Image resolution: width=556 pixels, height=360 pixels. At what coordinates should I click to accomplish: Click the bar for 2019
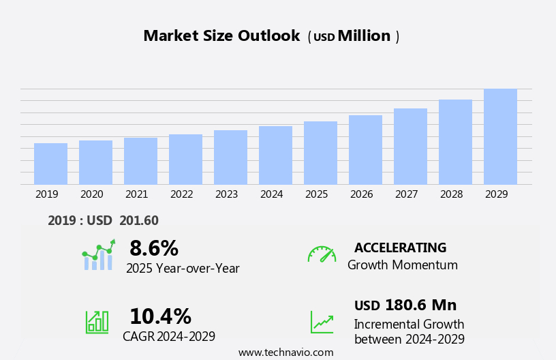tap(50, 164)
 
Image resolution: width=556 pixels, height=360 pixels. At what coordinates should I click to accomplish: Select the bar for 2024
tap(275, 155)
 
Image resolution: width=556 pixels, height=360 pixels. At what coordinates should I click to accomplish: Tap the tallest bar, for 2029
tap(500, 136)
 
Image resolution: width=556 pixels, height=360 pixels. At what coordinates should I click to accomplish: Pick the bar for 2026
tap(365, 150)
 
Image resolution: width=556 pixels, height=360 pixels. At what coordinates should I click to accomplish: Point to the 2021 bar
tap(140, 161)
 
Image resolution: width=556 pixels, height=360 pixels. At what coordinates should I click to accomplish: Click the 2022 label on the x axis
tap(181, 194)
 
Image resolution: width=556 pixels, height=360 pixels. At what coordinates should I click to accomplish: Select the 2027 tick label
tap(406, 194)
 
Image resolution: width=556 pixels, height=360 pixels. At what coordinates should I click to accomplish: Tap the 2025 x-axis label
tap(316, 194)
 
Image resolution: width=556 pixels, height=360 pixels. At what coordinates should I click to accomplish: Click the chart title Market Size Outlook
tap(221, 36)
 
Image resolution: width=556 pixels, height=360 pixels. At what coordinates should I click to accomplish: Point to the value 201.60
tap(139, 221)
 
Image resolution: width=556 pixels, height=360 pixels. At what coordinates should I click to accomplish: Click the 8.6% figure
tap(154, 248)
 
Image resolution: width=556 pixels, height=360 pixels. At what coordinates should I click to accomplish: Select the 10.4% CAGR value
tap(160, 316)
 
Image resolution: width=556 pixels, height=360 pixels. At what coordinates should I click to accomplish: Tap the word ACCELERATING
tap(400, 247)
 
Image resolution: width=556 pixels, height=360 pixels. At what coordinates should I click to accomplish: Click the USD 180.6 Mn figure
tap(405, 305)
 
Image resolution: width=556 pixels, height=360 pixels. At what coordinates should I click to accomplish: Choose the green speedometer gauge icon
tap(322, 254)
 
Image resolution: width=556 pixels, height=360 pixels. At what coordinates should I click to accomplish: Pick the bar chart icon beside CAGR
tap(97, 321)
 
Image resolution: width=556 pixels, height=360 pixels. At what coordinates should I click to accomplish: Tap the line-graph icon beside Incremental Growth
tap(322, 322)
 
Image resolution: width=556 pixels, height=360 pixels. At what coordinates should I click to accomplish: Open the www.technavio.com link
tap(285, 352)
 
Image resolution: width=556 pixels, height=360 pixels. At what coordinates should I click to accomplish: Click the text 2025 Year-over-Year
tap(183, 269)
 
